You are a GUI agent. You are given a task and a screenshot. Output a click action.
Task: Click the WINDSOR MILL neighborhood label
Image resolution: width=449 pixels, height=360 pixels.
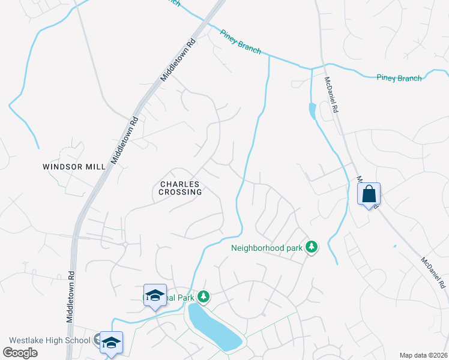coord(74,166)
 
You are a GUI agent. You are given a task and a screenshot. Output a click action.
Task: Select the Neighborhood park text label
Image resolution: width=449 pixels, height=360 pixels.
coord(267,247)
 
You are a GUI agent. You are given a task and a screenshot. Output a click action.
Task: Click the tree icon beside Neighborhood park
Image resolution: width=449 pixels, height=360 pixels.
coord(311,247)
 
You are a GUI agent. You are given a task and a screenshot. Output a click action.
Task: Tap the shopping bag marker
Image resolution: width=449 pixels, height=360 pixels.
coord(369,194)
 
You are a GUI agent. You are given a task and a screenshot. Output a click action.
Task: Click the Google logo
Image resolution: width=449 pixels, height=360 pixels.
coord(20,352)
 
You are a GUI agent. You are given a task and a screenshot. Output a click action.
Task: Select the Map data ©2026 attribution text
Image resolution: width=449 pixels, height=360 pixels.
coord(423,355)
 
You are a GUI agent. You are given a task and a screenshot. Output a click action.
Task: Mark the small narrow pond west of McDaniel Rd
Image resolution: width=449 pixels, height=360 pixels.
coord(312,112)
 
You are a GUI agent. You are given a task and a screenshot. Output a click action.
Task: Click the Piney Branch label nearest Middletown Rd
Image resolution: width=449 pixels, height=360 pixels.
coord(240,42)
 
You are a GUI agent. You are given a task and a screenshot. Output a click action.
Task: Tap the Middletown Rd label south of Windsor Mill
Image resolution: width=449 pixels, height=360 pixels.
coord(70,297)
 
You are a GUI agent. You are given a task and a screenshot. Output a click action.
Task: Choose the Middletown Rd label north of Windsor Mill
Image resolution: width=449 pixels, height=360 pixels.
coord(178,60)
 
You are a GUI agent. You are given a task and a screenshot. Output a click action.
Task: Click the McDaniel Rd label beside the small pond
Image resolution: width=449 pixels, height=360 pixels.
coord(331,95)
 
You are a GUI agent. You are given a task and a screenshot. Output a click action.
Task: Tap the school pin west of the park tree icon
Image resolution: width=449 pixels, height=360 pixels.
coord(155,295)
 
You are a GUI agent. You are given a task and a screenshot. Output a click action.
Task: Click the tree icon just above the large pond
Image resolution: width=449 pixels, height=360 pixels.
coord(204,296)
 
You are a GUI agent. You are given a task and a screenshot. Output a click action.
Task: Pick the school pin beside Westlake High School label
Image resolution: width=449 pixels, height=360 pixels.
coord(111,342)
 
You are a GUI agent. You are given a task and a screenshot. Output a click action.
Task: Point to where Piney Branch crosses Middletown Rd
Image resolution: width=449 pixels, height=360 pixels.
coord(206,24)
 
